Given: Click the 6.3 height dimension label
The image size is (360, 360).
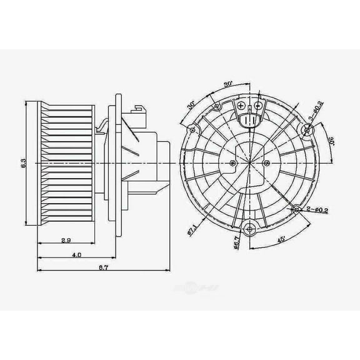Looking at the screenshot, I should click(24, 164).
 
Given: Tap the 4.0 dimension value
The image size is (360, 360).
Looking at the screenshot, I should click(76, 255).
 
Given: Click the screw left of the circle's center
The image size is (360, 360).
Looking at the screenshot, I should click(232, 163).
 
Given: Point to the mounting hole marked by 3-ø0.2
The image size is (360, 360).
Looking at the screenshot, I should click(307, 130).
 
